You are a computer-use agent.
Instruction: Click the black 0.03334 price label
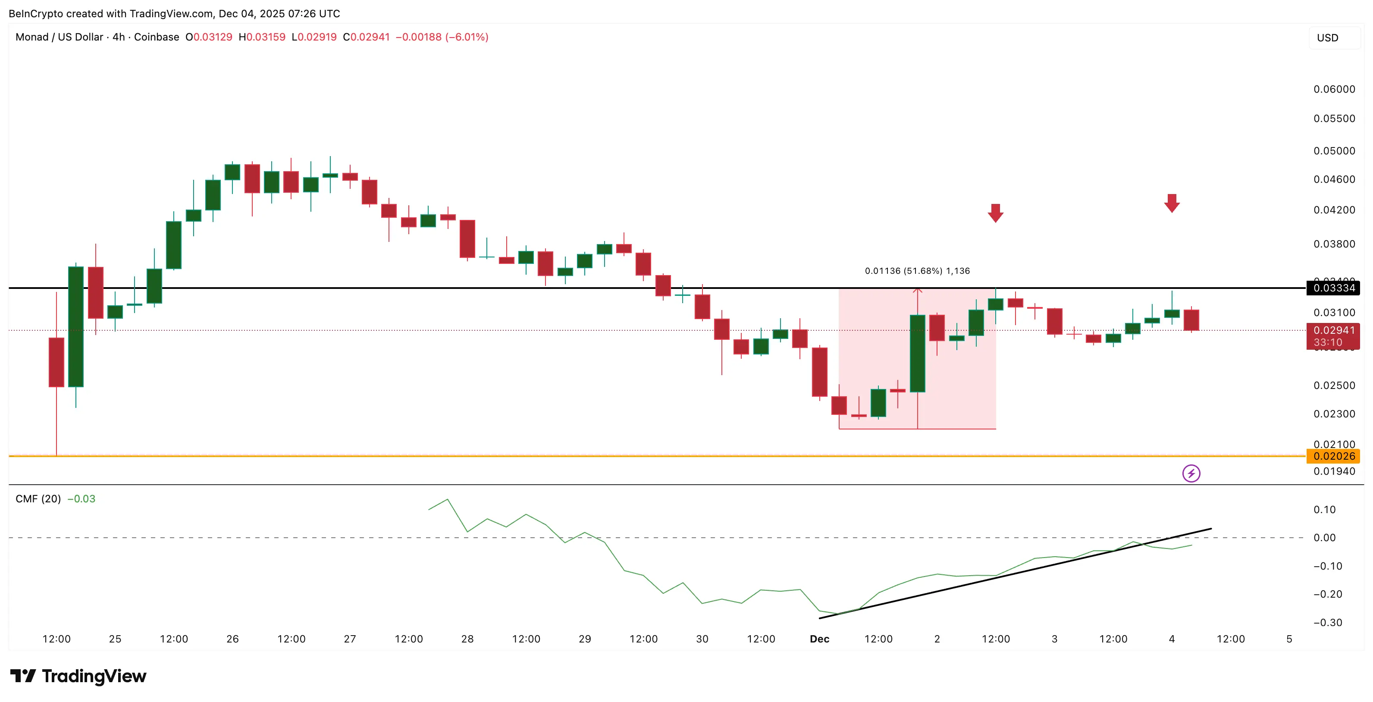[1334, 288]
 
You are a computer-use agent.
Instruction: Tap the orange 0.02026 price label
[1334, 456]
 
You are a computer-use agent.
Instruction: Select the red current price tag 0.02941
[1334, 330]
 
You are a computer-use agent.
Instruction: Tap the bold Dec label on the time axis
[819, 639]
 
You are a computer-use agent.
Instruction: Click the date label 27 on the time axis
[350, 639]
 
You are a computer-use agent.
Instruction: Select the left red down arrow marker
[995, 213]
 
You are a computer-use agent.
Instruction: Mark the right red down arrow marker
[1172, 203]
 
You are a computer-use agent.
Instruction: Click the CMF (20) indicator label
[38, 499]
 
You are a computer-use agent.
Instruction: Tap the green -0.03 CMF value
[82, 499]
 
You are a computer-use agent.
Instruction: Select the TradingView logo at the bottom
[78, 676]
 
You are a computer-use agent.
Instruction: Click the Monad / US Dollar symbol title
[59, 37]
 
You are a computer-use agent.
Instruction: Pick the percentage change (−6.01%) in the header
[467, 37]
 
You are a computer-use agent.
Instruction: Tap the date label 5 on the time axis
[1289, 639]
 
